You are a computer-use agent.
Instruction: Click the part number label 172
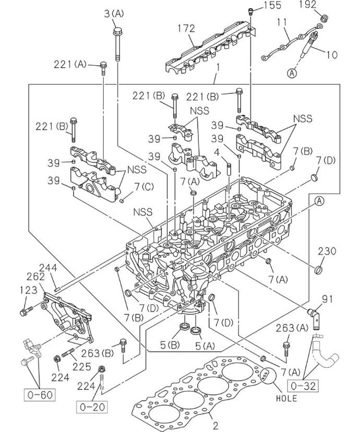click(x=186, y=29)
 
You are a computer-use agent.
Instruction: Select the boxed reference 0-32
click(x=303, y=386)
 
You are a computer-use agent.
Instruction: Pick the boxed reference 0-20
click(x=92, y=407)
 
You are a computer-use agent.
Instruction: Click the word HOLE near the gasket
click(x=287, y=399)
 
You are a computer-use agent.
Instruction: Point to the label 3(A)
click(x=114, y=14)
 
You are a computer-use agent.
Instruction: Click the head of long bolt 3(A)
click(x=118, y=31)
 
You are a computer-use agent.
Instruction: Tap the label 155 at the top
click(x=272, y=5)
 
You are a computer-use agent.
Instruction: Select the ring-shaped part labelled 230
click(x=319, y=270)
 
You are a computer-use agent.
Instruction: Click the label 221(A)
click(x=70, y=65)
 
